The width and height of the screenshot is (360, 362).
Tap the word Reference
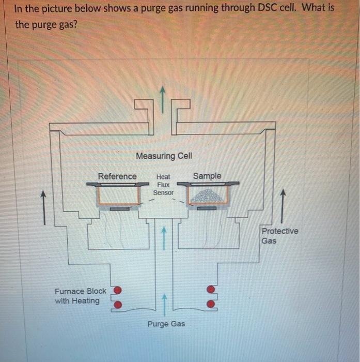click(x=117, y=176)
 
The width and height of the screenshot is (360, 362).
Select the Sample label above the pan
click(x=207, y=176)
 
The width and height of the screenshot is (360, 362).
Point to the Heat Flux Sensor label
click(x=163, y=185)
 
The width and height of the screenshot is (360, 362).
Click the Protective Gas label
click(x=279, y=236)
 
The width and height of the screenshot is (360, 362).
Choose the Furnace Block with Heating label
click(x=80, y=296)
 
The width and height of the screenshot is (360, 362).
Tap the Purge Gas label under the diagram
click(x=166, y=324)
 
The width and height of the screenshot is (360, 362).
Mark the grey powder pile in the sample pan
click(x=207, y=196)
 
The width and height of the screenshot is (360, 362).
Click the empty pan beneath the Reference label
click(x=119, y=195)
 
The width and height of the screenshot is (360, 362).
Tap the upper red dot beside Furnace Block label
click(x=118, y=290)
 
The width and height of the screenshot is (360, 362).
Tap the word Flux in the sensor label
click(x=163, y=185)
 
